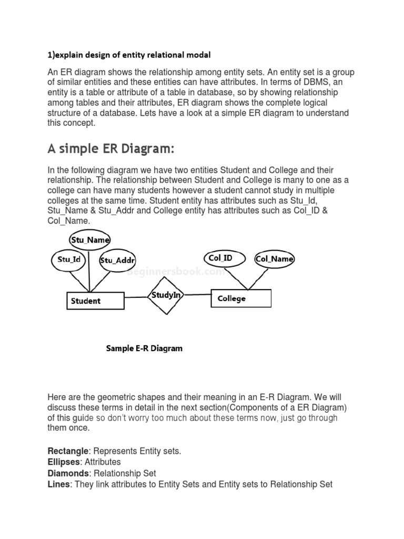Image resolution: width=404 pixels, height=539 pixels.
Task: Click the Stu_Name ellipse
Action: coord(90,240)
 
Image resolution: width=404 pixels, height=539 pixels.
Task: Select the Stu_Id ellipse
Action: coord(69,259)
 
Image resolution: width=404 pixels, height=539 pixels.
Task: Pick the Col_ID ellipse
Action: coord(220,258)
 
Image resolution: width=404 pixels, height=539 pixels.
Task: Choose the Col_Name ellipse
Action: coord(274,258)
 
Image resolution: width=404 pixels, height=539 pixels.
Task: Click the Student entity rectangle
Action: coord(95,301)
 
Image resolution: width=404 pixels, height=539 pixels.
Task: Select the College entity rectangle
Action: coord(241,298)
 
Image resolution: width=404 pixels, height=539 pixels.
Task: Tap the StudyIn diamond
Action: coord(166,295)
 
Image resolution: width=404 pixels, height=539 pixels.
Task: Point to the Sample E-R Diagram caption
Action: coord(144,348)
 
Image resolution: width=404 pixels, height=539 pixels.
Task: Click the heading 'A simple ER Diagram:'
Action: coord(110,149)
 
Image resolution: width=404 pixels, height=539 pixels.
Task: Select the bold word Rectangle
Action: coord(67,451)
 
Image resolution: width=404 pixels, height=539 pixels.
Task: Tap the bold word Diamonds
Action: coord(67,473)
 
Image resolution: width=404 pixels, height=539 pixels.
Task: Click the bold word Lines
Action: coord(58,484)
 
